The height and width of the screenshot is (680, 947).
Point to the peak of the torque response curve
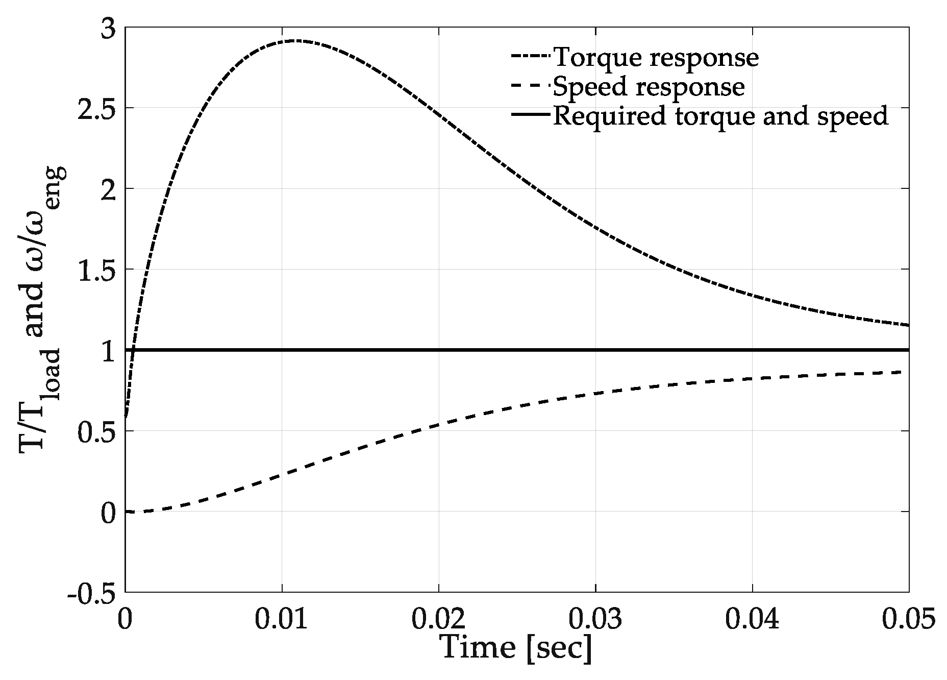(295, 40)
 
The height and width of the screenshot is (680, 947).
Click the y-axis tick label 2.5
(95, 108)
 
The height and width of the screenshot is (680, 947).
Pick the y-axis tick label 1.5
(95, 270)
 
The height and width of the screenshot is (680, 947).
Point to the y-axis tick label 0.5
(95, 431)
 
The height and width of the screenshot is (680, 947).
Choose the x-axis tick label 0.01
(282, 619)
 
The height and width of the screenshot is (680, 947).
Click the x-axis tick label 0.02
(438, 619)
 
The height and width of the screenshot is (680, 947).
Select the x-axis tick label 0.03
(595, 619)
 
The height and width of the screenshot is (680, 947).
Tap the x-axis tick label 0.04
(752, 619)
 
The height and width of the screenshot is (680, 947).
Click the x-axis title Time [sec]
(516, 648)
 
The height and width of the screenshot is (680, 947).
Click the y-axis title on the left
(42, 310)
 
